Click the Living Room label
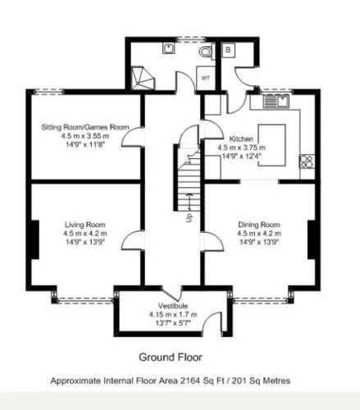85,225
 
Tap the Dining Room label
259,225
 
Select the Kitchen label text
241,139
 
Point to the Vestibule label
173,306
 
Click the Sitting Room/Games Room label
85,127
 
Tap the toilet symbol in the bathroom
206,51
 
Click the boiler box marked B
229,50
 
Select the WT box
206,78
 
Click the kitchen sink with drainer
276,101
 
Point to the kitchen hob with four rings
307,162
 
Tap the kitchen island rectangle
272,145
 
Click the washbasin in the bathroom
169,48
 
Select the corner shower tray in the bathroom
143,78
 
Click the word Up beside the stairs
189,217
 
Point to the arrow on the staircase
189,202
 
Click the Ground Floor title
171,357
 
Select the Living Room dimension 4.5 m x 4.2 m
85,234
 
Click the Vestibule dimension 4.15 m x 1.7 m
173,314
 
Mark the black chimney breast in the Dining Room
312,239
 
